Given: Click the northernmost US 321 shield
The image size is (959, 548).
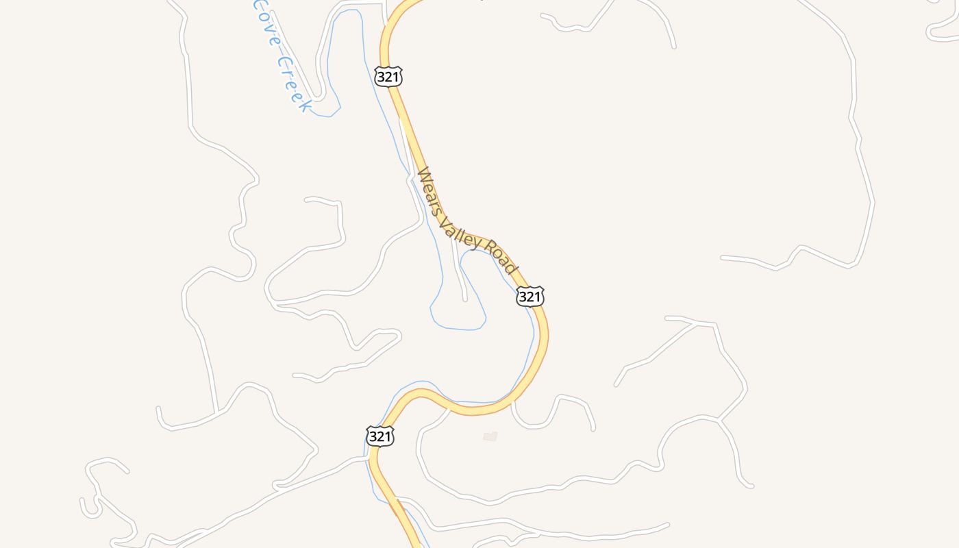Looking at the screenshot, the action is pos(388,77).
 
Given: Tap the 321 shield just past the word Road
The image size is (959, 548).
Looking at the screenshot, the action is pos(530,297).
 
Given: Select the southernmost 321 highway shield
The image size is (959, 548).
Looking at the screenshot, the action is pos(380,436).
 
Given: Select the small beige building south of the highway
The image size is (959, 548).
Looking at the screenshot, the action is pos(490,436).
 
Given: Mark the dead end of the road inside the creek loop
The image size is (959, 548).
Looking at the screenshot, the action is pos(465,299).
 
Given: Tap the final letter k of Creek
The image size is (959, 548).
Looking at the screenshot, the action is pos(304,106).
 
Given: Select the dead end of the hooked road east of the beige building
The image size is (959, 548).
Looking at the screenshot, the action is pos(593,429).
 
